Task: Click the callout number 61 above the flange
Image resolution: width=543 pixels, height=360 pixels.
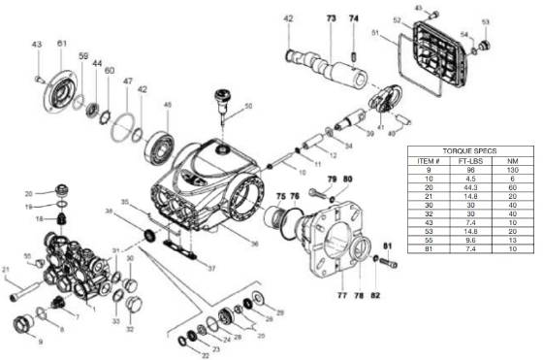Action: pos(62,44)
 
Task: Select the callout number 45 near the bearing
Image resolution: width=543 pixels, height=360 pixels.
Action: pos(167,105)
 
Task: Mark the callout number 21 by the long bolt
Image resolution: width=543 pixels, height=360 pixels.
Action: pos(6,269)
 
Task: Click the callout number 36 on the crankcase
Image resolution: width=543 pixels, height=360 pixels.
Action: pos(254,244)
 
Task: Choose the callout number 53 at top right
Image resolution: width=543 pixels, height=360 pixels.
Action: pos(513,21)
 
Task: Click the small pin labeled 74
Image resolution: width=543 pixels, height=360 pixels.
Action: pos(354,44)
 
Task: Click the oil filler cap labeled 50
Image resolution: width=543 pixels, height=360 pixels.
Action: pos(222,98)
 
